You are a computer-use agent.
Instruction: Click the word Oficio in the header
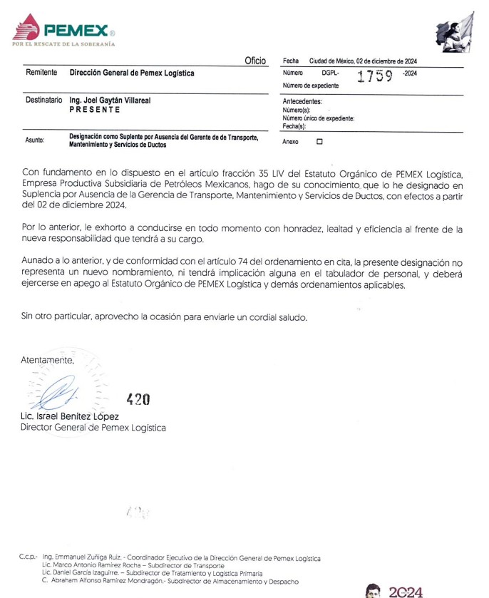[x=254, y=61]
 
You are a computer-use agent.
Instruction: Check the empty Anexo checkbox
[x=319, y=141]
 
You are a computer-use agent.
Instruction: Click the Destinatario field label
[x=44, y=101]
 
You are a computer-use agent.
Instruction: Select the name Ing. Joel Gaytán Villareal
[x=110, y=101]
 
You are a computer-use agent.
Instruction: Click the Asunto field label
[x=35, y=140]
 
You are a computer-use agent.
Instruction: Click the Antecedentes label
[x=302, y=101]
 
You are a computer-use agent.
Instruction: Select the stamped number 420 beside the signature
[x=138, y=399]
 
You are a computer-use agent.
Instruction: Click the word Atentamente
[x=47, y=360]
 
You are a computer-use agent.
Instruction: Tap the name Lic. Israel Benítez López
[x=70, y=416]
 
